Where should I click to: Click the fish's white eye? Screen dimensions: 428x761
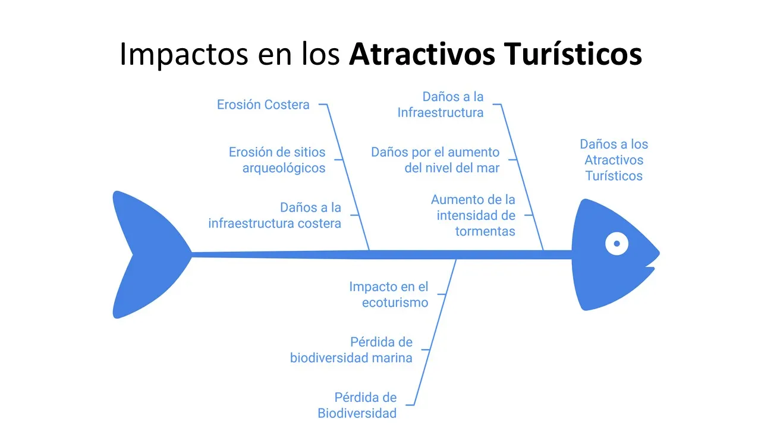click(617, 243)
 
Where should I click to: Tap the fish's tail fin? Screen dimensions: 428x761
click(146, 254)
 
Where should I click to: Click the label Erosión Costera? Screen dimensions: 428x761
click(263, 105)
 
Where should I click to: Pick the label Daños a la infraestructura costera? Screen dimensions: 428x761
click(275, 215)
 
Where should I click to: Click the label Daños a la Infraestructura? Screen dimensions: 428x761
click(441, 105)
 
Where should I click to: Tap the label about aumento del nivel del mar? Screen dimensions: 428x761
click(435, 160)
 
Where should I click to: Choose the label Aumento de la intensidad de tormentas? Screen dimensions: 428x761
click(473, 215)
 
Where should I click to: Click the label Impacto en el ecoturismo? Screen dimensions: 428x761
click(388, 294)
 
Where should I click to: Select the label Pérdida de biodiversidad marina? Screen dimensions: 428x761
click(351, 350)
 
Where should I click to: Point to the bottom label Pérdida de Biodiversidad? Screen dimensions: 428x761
click(357, 405)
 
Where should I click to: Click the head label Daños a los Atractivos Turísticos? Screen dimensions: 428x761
click(614, 160)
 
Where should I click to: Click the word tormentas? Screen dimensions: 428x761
click(485, 231)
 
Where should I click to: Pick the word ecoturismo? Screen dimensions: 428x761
click(395, 303)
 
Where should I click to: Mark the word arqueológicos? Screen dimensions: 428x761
click(284, 168)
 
